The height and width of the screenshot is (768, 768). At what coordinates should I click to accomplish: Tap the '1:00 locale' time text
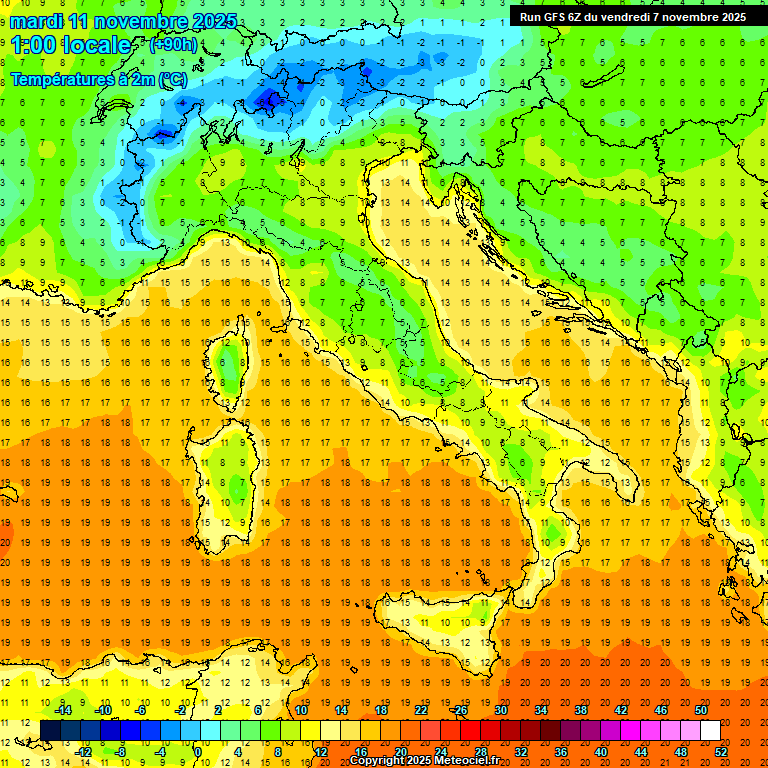[x=71, y=45]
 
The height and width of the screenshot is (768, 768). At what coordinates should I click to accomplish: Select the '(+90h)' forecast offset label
[x=172, y=45]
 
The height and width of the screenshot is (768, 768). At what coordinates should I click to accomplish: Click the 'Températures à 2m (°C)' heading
[x=98, y=79]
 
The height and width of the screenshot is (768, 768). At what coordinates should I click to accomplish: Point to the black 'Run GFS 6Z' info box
[x=633, y=17]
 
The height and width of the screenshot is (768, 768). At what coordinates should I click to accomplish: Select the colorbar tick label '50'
[x=700, y=710]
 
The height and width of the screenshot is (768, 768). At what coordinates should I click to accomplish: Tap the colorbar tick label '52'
[x=722, y=752]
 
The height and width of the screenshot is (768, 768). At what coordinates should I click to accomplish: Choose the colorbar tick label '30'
[x=500, y=710]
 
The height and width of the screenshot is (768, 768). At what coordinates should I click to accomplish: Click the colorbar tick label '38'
[x=580, y=710]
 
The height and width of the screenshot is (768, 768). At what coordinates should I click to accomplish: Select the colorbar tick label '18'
[x=380, y=710]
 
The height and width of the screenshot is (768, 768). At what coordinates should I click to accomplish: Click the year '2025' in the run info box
[x=727, y=17]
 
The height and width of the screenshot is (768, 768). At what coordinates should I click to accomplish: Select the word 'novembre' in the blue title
[x=143, y=21]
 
